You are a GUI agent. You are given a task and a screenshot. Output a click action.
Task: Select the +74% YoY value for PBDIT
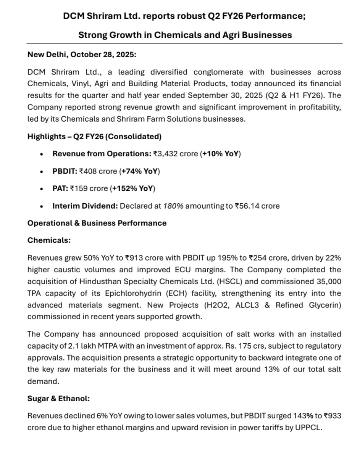point(140,172)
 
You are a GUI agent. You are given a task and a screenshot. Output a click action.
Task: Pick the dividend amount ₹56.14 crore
point(257,206)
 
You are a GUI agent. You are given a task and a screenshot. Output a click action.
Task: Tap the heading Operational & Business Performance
point(97,223)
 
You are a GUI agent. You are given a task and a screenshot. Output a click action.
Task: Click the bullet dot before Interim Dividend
point(42,206)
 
